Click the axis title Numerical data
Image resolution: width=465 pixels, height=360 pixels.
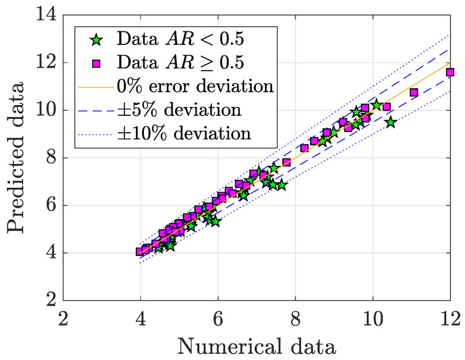tap(257, 345)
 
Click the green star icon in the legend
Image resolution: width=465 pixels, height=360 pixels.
tap(96, 39)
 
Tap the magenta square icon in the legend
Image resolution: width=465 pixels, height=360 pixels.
tap(96, 63)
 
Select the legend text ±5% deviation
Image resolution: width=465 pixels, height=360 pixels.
tap(180, 110)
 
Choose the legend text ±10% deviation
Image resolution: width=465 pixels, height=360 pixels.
tap(185, 133)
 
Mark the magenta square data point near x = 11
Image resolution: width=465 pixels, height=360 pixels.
tap(414, 93)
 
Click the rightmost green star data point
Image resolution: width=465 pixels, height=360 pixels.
tap(391, 122)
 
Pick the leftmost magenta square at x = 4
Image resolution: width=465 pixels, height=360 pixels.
tap(140, 252)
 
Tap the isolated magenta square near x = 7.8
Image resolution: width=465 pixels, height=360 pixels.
tap(287, 163)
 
